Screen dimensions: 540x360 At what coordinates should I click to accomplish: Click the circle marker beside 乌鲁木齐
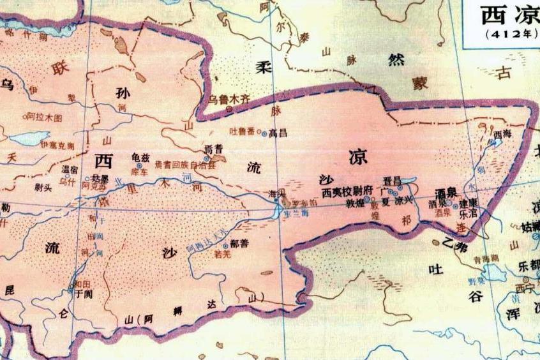point(229,110)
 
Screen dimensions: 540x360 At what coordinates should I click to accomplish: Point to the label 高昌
point(278,133)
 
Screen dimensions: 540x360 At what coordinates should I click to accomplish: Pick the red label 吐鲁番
point(241,131)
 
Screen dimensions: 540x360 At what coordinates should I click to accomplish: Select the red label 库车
point(139,171)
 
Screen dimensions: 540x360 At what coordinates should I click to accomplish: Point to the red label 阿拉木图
point(45,117)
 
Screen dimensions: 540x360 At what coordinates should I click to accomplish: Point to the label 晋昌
point(392,181)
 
